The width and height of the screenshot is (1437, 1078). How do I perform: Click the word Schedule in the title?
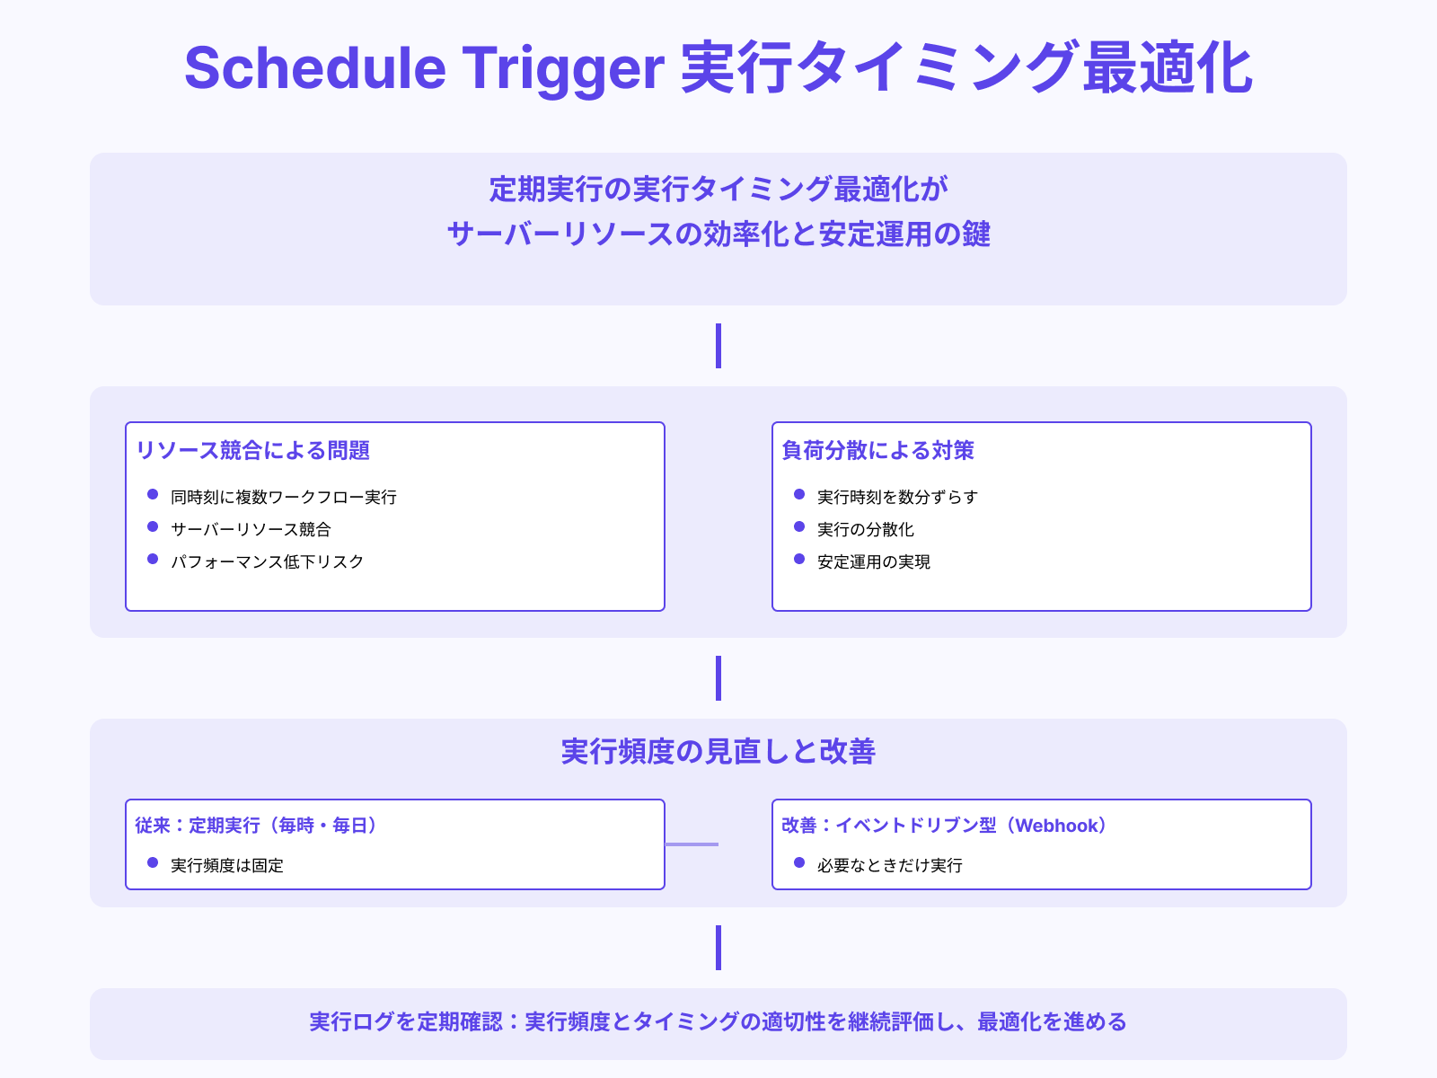point(314,68)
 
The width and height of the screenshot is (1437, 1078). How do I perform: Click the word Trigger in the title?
point(563,68)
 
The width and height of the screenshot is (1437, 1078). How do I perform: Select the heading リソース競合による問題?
point(252,450)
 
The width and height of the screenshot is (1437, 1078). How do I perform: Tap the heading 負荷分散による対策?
point(877,450)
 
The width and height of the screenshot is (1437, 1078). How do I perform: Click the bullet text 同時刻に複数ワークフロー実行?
point(283,497)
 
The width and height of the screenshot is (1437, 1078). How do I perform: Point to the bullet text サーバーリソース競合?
point(251,529)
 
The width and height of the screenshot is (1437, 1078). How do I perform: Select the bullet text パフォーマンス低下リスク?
point(267,561)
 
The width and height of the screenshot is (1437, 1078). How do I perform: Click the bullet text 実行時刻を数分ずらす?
point(896,497)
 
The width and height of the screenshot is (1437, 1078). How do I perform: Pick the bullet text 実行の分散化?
point(865,529)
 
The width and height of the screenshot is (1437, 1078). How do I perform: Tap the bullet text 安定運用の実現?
point(873,561)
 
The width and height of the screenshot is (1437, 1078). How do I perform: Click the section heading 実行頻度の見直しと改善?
point(718,751)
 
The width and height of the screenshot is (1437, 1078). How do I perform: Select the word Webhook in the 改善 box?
point(1057,826)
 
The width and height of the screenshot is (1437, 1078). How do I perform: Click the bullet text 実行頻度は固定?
point(226,865)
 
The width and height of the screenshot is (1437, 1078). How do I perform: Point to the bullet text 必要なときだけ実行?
point(889,865)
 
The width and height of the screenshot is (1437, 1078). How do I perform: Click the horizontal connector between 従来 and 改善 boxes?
point(692,844)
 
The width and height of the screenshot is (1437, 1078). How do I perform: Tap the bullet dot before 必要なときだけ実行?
point(799,863)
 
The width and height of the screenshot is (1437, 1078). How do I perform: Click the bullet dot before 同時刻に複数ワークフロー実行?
point(153,495)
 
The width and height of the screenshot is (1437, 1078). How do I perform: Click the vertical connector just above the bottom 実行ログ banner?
point(718,948)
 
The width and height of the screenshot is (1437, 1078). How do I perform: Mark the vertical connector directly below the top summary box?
point(718,346)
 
